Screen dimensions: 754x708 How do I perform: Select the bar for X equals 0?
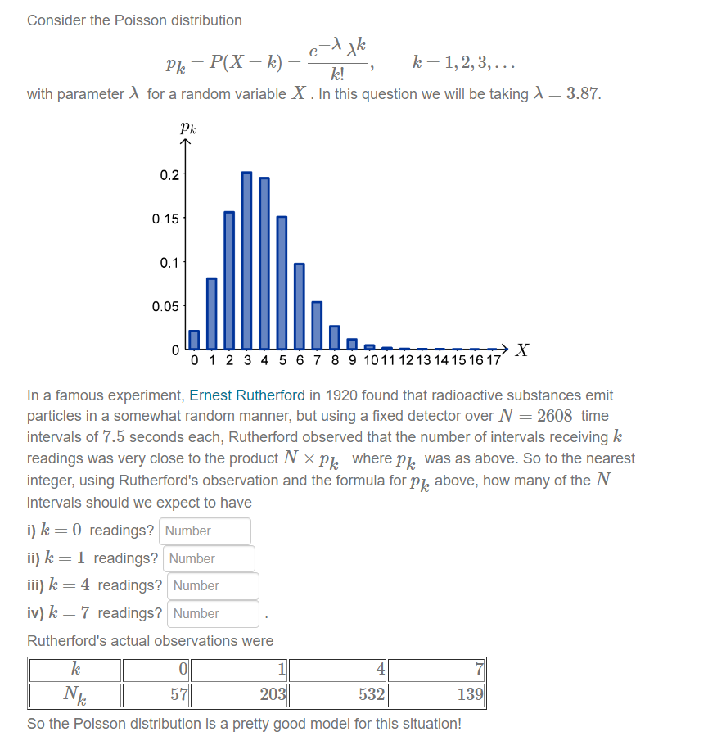tap(194, 339)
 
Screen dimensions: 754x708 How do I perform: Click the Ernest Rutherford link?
tap(248, 395)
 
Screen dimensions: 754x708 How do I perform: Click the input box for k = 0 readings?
tap(205, 531)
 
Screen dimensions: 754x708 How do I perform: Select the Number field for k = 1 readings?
tap(209, 558)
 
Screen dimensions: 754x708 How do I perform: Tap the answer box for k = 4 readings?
tap(213, 585)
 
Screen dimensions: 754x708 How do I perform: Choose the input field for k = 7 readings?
tap(213, 613)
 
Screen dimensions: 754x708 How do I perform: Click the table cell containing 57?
tap(157, 696)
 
